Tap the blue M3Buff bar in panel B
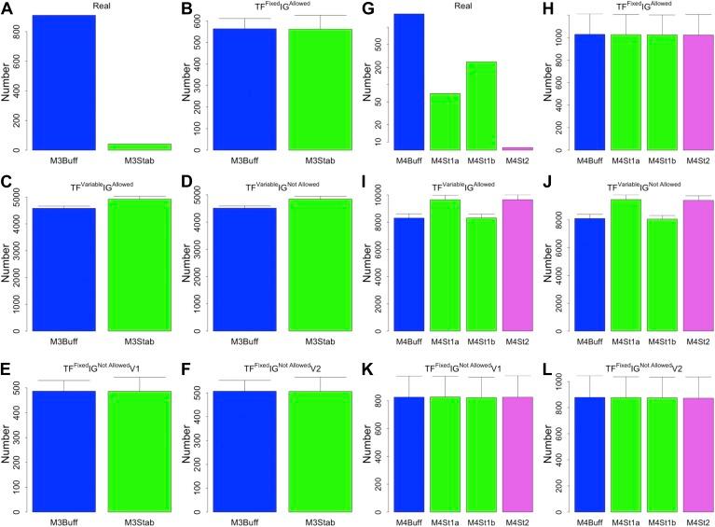242,89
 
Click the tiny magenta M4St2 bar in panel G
516,148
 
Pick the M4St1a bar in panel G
444,121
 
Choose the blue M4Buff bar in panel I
407,274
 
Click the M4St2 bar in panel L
693,454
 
